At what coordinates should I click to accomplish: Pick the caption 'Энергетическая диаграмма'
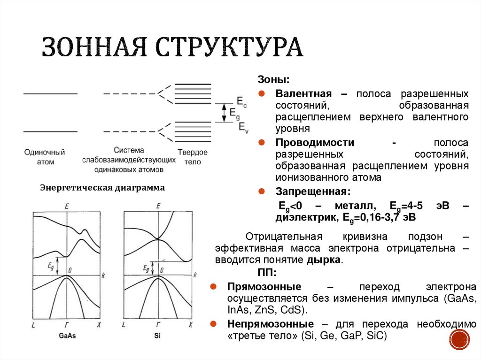[x=102, y=188]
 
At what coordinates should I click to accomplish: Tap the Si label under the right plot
[x=157, y=336]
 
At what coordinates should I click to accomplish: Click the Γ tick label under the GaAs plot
[x=66, y=325]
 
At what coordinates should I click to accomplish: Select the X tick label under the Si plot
[x=190, y=325]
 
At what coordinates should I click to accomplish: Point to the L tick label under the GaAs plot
[x=33, y=325]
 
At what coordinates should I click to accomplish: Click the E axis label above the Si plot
[x=158, y=206]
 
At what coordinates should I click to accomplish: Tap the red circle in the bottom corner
[x=459, y=339]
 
